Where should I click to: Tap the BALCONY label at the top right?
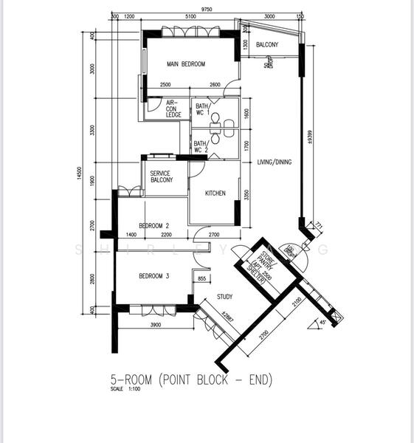click(266, 46)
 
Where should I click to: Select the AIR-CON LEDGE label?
click(174, 109)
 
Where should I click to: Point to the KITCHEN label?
click(215, 193)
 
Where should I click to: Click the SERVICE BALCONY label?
click(162, 176)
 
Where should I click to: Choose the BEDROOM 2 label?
click(154, 225)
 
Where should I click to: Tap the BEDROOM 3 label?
click(154, 276)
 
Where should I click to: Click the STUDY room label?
click(225, 298)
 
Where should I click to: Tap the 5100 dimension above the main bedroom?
click(190, 16)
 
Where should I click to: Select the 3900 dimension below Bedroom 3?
click(156, 326)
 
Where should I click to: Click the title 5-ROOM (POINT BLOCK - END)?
click(191, 380)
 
